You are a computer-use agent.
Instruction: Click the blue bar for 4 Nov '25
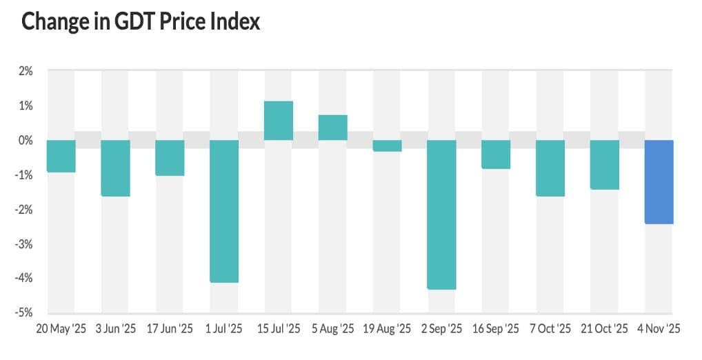[659, 181]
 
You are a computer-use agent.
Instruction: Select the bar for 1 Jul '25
[224, 211]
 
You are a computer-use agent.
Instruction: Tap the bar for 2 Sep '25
[441, 214]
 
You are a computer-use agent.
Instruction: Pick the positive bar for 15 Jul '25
[279, 121]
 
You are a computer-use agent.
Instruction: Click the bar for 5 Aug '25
[332, 128]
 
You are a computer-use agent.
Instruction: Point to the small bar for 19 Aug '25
[387, 146]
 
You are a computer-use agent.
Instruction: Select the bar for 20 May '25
[61, 156]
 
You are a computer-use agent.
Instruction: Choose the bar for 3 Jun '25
[115, 168]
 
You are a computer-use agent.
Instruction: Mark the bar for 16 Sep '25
[496, 154]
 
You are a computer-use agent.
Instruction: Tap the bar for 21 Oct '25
[605, 165]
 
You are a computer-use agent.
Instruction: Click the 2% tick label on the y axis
[26, 70]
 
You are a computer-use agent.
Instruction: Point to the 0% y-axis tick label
[26, 140]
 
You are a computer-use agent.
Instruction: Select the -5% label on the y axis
[24, 312]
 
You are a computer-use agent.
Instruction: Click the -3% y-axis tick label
[24, 243]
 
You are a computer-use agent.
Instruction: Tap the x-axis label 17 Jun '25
[170, 329]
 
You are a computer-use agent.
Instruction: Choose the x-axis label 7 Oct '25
[550, 329]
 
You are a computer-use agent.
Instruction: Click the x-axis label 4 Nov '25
[659, 329]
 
